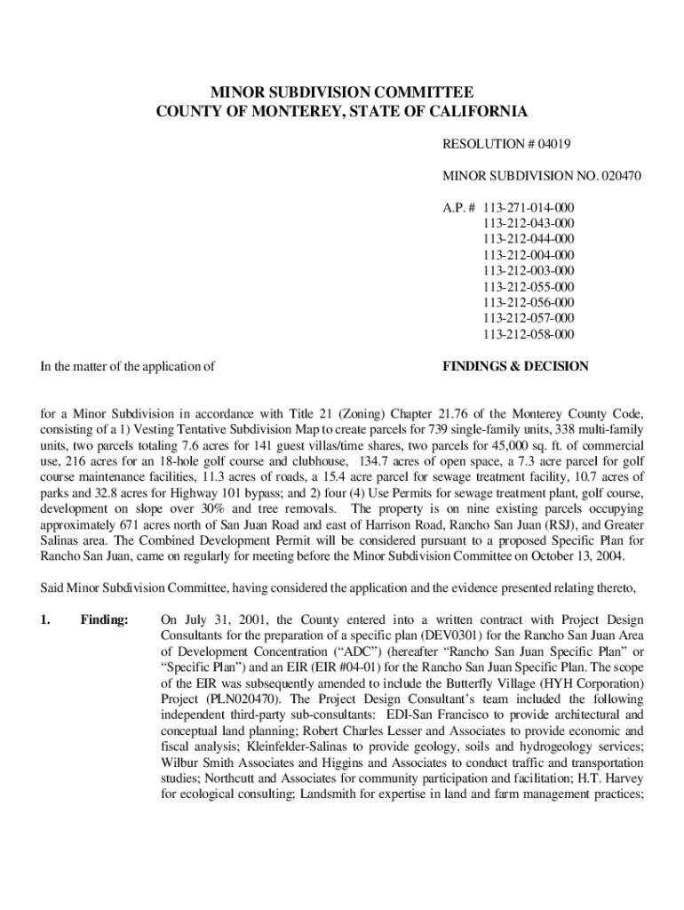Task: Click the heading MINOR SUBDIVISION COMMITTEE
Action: [341, 92]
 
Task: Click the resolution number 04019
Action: [550, 143]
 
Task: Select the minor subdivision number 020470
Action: [615, 176]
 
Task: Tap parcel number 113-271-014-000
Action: [529, 208]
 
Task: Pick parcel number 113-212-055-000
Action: [529, 286]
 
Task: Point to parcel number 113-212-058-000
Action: [529, 334]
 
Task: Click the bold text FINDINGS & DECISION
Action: [514, 366]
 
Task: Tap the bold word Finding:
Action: [105, 619]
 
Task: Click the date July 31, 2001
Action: [227, 619]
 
